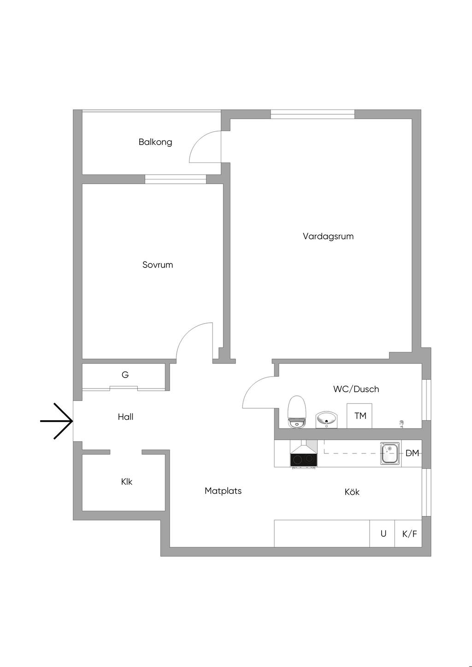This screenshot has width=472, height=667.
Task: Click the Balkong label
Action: tap(155, 142)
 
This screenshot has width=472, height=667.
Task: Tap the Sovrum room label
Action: tap(158, 265)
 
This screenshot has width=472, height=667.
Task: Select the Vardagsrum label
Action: tap(328, 236)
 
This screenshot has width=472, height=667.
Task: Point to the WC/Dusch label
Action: tap(356, 389)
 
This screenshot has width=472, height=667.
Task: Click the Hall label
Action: tap(125, 417)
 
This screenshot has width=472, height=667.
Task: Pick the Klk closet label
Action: tap(127, 481)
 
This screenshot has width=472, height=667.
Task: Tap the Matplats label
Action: tap(223, 491)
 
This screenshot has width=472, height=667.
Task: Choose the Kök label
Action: tap(352, 492)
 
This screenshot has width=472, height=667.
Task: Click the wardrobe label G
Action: tap(125, 375)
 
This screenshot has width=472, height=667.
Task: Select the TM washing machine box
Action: tap(360, 416)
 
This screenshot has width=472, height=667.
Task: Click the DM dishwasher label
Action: tap(412, 453)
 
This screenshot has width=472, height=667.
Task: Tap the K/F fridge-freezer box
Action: tap(409, 534)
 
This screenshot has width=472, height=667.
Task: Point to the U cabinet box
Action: tap(383, 534)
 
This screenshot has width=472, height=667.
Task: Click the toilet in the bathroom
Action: tap(297, 411)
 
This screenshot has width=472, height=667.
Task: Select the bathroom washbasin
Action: tap(327, 419)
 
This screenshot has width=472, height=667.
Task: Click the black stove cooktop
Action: tap(303, 459)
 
